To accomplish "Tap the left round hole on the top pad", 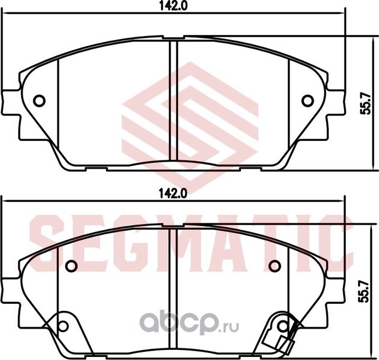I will (39, 101).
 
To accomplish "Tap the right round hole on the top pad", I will (307, 101).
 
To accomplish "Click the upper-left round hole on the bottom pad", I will (71, 266).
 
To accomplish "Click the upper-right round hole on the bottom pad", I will (274, 266).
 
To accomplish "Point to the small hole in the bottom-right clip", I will (283, 326).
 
